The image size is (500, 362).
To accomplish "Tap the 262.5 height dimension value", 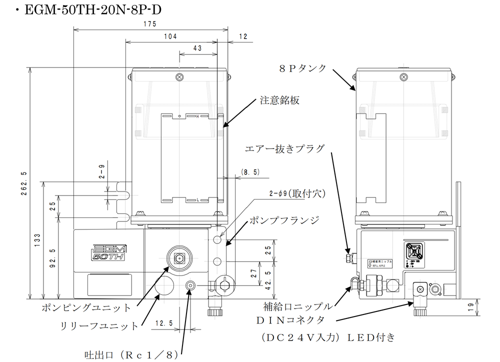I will tap(23, 183).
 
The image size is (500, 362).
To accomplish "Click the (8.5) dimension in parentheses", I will tap(249, 171).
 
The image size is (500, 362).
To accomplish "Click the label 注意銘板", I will tap(279, 100).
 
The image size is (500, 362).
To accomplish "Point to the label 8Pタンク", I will tap(303, 67).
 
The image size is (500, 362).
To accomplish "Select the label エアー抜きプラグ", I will tap(285, 148).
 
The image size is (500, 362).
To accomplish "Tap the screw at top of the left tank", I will tap(179, 76).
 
